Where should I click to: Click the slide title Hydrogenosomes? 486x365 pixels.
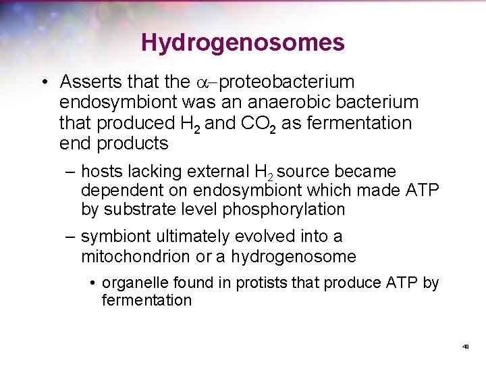pos(243,43)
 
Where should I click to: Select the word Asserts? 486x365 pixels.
pos(84,82)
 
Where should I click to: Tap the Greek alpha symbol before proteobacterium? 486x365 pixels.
pos(205,83)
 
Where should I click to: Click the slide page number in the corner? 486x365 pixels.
pos(466,347)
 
